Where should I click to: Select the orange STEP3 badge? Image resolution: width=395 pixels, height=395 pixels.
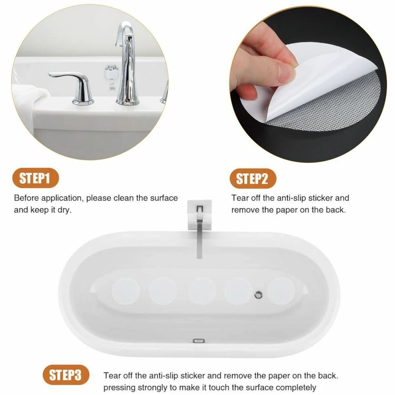click(66, 375)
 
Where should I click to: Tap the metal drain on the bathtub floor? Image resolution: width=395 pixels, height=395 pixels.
click(259, 294)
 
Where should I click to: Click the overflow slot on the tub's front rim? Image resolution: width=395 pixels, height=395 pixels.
click(199, 341)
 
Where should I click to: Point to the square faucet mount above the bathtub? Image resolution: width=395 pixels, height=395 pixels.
click(200, 214)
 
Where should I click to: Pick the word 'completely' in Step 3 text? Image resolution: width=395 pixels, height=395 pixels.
click(296, 387)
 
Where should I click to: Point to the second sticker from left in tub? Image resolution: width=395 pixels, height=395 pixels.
click(163, 290)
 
